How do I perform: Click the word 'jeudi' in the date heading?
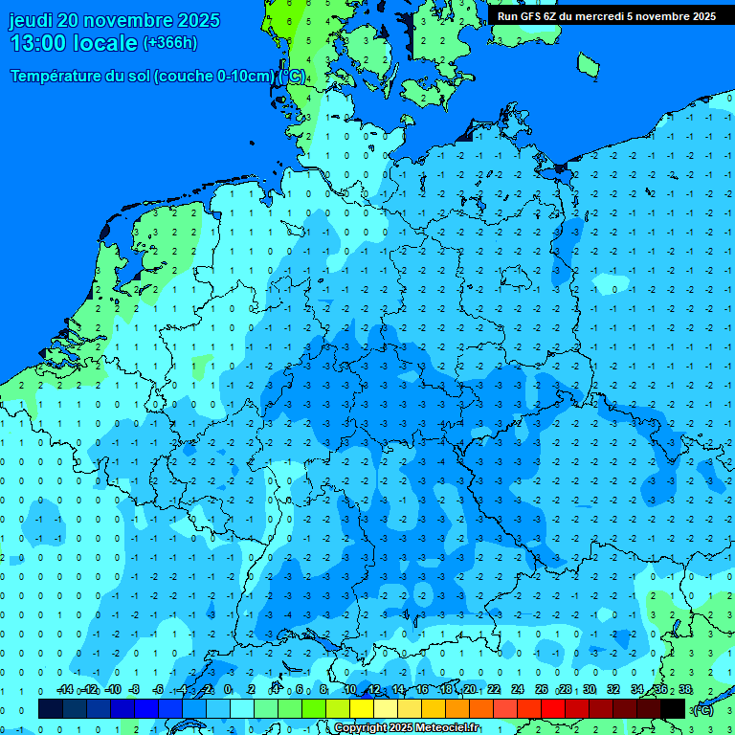31,20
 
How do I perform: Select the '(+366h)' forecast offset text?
169,43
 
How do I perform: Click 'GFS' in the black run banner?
531,16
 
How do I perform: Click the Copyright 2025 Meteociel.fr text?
407,728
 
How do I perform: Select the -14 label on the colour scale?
64,690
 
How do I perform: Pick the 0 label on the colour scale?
228,690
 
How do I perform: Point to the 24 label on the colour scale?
518,690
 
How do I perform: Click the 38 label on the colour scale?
685,690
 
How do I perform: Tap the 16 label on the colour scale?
422,690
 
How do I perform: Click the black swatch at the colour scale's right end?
673,708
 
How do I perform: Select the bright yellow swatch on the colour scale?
361,708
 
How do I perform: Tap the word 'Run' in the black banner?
507,16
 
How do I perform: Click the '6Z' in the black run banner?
552,16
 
